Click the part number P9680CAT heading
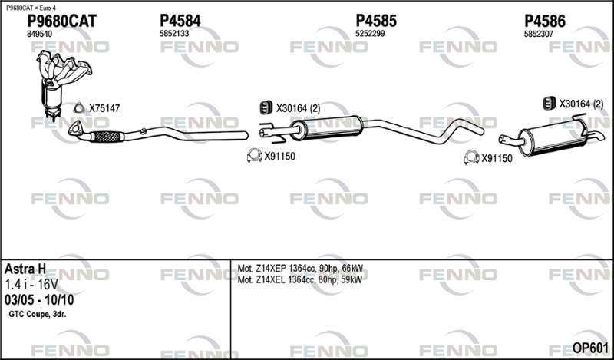61,21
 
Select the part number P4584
180,21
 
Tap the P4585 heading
376,21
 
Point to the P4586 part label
545,21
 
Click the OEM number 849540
39,34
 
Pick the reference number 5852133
174,34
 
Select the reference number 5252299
370,34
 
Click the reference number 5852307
539,34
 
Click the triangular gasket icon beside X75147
79,108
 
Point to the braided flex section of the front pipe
107,137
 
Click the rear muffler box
553,137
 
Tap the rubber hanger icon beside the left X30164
266,107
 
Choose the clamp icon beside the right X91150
471,157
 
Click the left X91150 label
280,157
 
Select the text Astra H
25,269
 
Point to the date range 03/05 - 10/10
39,300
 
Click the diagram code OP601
590,348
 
